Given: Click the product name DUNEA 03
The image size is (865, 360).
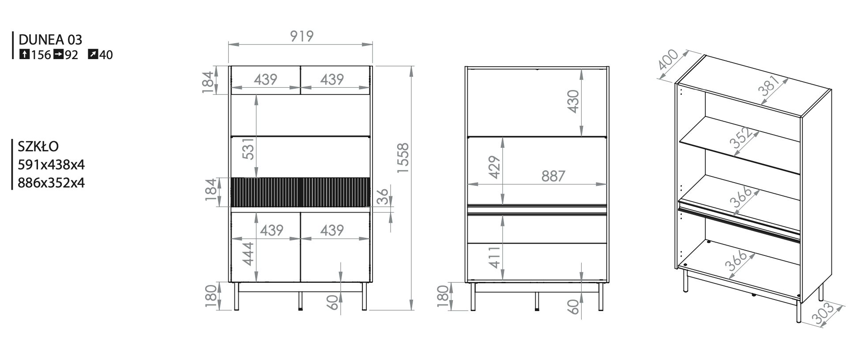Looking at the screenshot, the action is (x=50, y=40).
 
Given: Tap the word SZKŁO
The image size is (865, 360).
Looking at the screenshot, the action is (x=38, y=146).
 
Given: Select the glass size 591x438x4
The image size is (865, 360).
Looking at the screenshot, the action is (x=51, y=165).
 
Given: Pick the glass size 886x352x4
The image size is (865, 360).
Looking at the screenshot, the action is (x=51, y=183).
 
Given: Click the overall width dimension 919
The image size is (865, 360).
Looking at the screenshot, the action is (x=302, y=36).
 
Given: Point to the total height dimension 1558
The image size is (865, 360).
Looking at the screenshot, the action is (x=403, y=158).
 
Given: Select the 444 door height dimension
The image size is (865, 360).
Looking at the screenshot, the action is (x=248, y=254).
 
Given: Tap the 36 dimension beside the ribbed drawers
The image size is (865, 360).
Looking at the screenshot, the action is (x=383, y=196).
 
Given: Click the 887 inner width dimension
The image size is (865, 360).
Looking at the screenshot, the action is (x=553, y=176).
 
